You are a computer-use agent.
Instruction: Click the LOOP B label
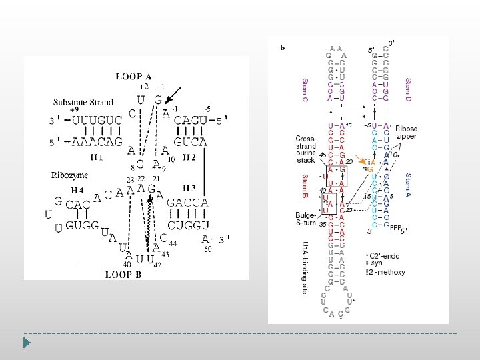(123, 273)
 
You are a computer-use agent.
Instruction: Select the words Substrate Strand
(83, 102)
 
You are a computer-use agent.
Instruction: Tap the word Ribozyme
(69, 175)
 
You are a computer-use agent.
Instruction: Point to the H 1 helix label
(97, 157)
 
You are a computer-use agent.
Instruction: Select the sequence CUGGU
(189, 225)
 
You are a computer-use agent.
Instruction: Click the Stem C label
(305, 90)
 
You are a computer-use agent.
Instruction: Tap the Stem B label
(305, 187)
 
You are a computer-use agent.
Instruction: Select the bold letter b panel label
(282, 47)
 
